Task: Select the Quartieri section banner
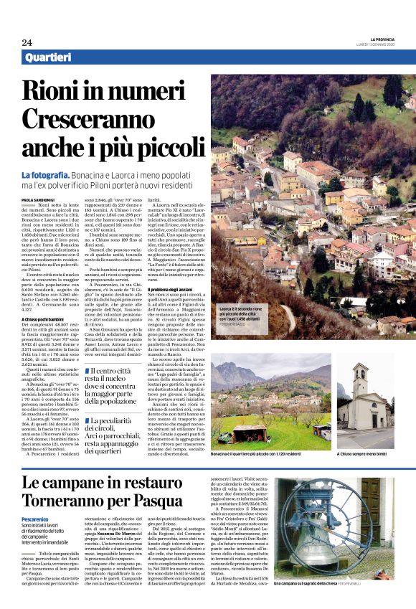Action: (49, 57)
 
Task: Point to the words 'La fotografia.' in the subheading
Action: (46, 175)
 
